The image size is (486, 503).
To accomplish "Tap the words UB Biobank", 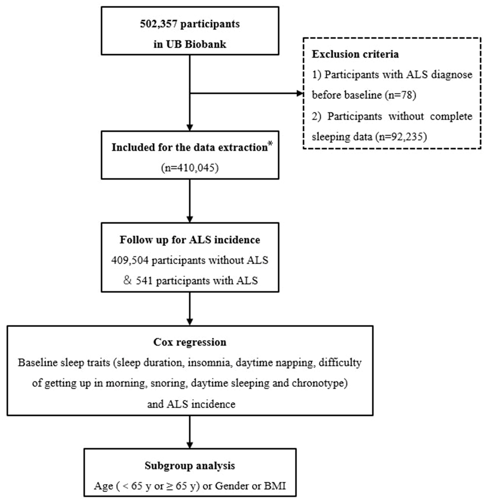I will click(196, 44).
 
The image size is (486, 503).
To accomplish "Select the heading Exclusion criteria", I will click(355, 54).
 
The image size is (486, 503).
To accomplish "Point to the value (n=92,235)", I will click(401, 137).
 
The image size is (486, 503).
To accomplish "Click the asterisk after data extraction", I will click(270, 144).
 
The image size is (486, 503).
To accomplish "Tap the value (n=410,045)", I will click(190, 168).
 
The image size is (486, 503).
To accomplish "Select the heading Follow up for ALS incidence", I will click(190, 240).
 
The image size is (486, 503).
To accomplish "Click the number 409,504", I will click(130, 261).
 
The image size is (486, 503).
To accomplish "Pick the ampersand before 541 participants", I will click(128, 281).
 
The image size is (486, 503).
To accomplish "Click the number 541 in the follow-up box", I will click(144, 281).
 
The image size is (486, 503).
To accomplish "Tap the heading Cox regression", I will click(190, 342).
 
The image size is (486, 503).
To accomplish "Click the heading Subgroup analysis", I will click(190, 465).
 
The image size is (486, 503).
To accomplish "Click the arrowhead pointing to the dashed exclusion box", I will click(300, 94).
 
